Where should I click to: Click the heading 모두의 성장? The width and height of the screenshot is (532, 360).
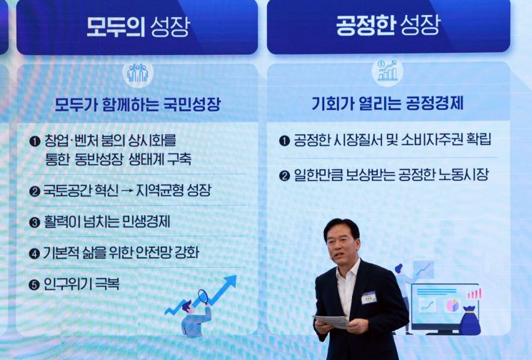tap(138, 26)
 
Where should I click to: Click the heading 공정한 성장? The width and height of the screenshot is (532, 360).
tap(388, 25)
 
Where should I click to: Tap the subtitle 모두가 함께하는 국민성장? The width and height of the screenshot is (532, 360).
tap(138, 104)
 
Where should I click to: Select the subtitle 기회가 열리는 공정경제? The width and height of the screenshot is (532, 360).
tap(388, 103)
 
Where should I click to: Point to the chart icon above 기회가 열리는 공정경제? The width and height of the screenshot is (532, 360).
tap(388, 71)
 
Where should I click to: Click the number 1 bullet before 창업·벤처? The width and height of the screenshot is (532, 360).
tap(34, 141)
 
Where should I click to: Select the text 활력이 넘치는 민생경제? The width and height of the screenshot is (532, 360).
tap(106, 221)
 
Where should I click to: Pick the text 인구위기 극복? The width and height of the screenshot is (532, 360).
tap(81, 284)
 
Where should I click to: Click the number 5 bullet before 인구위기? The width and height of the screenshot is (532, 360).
tap(34, 284)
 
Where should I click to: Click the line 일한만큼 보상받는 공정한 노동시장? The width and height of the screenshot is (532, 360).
tap(391, 175)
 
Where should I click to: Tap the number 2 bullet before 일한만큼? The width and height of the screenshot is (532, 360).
tap(284, 176)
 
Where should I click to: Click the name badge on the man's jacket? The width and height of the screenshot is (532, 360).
tap(368, 296)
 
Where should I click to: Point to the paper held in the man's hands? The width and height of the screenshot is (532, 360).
tap(331, 321)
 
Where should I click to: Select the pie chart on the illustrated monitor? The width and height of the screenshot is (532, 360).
tap(451, 305)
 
